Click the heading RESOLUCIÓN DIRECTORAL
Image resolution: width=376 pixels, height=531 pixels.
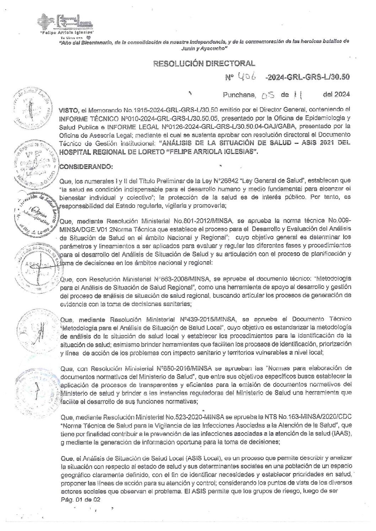(x=204, y=64)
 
